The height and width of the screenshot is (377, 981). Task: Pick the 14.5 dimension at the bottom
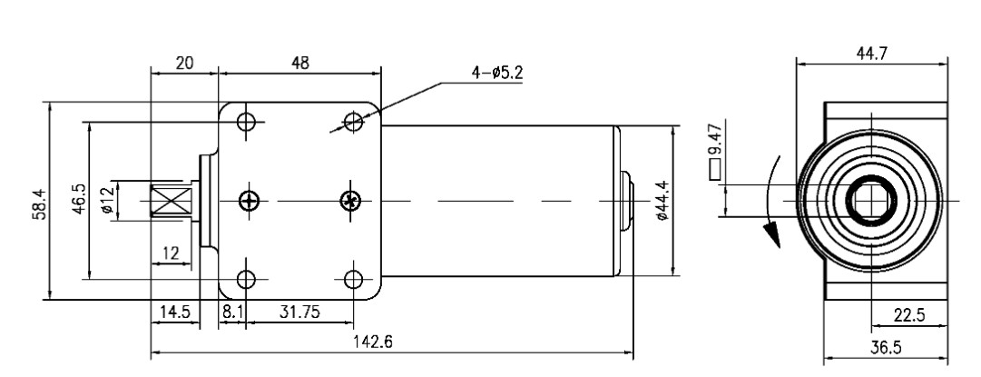click(173, 311)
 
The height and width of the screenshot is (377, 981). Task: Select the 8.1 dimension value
click(231, 311)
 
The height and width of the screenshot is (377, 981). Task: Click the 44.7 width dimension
click(872, 54)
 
